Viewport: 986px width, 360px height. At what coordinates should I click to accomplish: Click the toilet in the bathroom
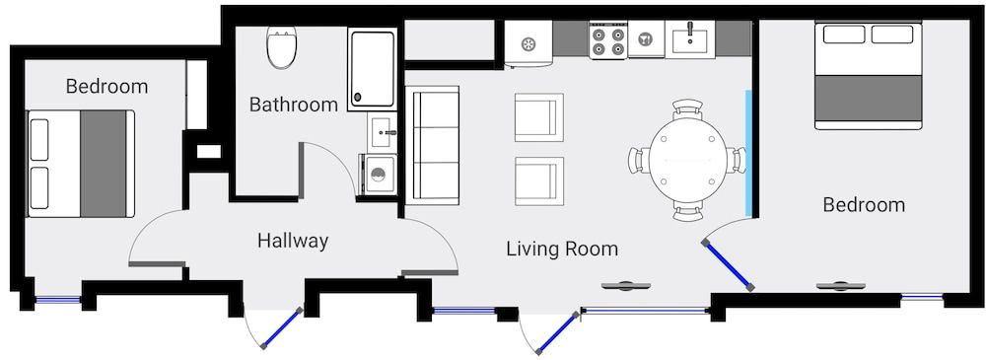(x=282, y=47)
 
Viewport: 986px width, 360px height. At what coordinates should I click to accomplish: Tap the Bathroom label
(x=293, y=104)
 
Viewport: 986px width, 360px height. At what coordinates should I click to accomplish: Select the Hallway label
(x=293, y=240)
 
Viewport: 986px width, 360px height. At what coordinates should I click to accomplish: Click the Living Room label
(x=562, y=249)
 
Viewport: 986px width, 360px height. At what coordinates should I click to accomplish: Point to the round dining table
(x=688, y=159)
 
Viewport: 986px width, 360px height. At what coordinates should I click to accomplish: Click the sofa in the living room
(x=433, y=145)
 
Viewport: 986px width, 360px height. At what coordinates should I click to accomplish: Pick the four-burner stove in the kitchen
(x=607, y=40)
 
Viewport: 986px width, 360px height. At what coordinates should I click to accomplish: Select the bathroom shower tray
(x=372, y=67)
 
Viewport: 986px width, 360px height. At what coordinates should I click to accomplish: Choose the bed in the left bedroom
(x=81, y=163)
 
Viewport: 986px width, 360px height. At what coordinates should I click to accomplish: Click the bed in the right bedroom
(x=868, y=75)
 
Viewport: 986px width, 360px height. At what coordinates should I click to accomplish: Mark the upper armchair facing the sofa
(x=538, y=117)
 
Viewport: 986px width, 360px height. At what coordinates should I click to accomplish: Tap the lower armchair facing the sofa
(x=538, y=180)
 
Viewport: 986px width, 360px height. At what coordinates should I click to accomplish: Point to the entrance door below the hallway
(x=279, y=329)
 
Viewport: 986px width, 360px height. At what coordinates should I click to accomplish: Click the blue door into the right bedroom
(x=728, y=263)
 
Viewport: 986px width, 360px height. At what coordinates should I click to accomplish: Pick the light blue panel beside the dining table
(x=749, y=153)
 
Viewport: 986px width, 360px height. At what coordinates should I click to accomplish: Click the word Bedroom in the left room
(x=106, y=87)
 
